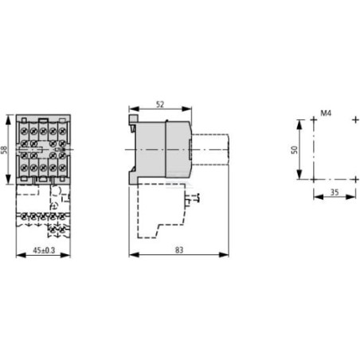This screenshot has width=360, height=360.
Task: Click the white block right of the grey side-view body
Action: point(210,150)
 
